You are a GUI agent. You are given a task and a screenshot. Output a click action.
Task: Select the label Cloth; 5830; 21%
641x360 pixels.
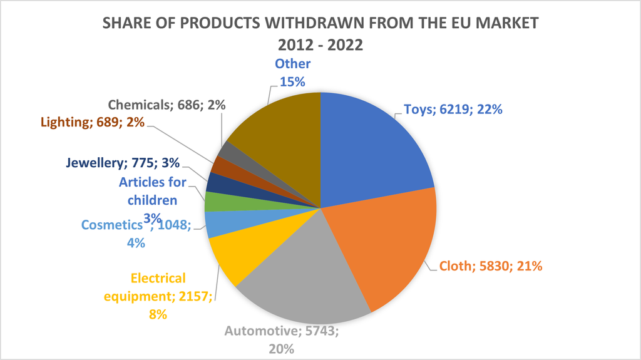[x=491, y=265]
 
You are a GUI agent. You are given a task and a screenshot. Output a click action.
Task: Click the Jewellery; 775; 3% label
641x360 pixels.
[x=123, y=163]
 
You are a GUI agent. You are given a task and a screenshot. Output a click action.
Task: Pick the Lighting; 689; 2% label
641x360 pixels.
[x=93, y=122]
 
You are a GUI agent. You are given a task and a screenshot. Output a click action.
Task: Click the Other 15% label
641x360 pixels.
[x=292, y=73]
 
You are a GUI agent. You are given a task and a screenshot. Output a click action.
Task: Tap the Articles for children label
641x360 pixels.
[x=153, y=192]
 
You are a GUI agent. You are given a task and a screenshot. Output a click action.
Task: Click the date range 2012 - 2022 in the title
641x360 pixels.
[x=320, y=45]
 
